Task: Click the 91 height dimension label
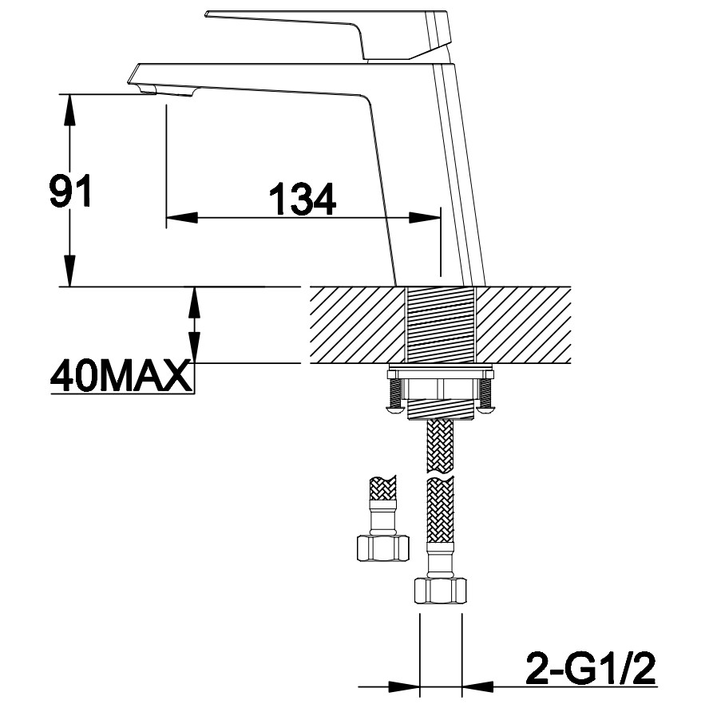70,190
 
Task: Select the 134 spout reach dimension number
303,199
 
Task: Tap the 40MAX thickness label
120,376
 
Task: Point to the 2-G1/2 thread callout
591,669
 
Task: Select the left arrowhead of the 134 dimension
182,217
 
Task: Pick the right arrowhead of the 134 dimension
425,217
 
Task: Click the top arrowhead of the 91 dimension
69,110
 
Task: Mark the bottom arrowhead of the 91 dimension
69,271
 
